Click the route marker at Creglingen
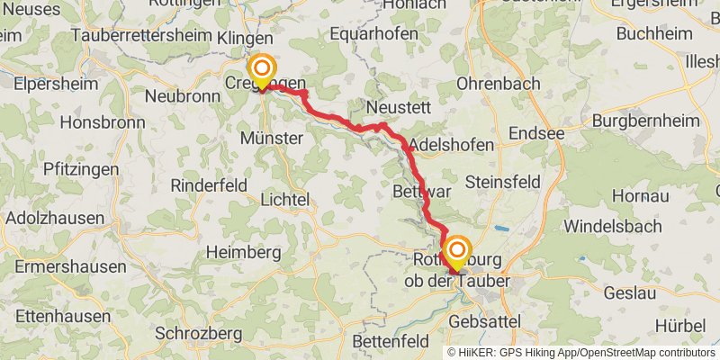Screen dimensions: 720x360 [x=262, y=70]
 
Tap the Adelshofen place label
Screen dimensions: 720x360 [x=452, y=145]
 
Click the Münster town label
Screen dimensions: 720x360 [x=271, y=139]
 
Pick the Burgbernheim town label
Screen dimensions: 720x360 [x=642, y=119]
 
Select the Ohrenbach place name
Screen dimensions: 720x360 [x=499, y=84]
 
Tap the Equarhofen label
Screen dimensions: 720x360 [x=374, y=34]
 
